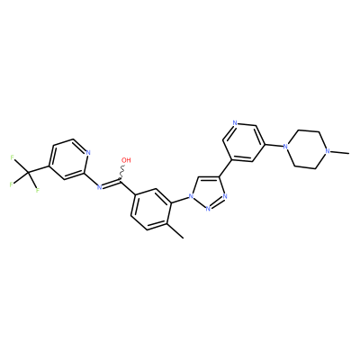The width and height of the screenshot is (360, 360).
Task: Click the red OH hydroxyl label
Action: point(126,160)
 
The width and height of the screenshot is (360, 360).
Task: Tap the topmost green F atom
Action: point(13,157)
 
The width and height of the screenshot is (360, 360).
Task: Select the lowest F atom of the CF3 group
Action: point(38,190)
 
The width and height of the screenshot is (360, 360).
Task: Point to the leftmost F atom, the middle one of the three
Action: point(11,184)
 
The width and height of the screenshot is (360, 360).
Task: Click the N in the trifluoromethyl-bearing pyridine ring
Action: point(88,152)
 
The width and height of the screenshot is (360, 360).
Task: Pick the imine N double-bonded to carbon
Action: point(99,187)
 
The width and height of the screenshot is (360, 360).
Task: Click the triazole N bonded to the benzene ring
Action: point(190,197)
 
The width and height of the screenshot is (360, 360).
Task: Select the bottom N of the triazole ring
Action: point(208,208)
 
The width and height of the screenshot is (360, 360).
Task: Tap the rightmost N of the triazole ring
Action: point(225,197)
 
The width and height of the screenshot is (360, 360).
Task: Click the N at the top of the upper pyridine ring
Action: point(235,123)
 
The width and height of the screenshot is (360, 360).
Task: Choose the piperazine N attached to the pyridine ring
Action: point(285,147)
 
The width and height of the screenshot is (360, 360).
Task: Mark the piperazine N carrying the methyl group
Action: point(328,151)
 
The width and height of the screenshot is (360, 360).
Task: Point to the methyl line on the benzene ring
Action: point(175,230)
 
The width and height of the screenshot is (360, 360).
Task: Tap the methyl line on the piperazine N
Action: point(340,152)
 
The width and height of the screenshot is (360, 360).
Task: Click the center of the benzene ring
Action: point(150,210)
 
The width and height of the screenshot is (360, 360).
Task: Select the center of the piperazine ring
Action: point(307,149)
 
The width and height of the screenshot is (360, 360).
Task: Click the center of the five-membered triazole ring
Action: point(208,192)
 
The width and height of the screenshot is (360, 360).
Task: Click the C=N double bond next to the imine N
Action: point(112,184)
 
